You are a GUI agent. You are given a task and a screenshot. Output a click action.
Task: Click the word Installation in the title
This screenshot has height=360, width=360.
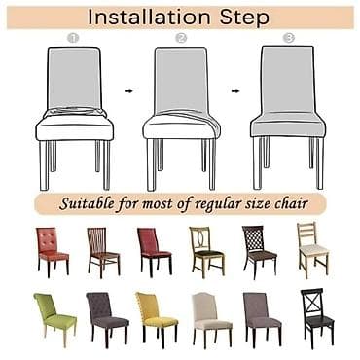[149, 17]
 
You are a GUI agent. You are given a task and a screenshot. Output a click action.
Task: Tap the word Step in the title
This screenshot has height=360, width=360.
[244, 18]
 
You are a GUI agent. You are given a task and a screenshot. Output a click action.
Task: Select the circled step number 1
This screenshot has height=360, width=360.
[73, 38]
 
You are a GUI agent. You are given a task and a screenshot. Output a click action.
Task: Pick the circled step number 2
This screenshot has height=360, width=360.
[181, 38]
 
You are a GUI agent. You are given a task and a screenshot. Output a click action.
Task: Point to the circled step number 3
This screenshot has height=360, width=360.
[288, 38]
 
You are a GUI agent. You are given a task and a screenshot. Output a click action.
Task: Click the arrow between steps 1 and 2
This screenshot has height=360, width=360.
[128, 91]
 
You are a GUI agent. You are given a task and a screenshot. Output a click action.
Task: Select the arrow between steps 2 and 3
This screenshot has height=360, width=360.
[235, 91]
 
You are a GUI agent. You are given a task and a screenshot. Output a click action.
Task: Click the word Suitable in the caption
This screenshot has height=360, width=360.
[87, 203]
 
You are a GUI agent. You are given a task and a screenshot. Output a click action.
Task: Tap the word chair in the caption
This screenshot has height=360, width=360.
[291, 204]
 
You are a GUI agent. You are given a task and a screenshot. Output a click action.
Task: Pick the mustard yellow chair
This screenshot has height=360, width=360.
[157, 315]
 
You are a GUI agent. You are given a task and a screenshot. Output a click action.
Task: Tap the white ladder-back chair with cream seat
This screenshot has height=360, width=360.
[312, 250]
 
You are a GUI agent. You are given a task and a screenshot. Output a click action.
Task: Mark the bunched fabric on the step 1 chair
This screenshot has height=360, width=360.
[75, 113]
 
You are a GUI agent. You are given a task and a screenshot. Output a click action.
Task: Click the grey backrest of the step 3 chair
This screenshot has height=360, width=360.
[288, 80]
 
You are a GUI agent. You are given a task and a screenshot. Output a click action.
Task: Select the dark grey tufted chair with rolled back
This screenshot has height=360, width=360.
[107, 315]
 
